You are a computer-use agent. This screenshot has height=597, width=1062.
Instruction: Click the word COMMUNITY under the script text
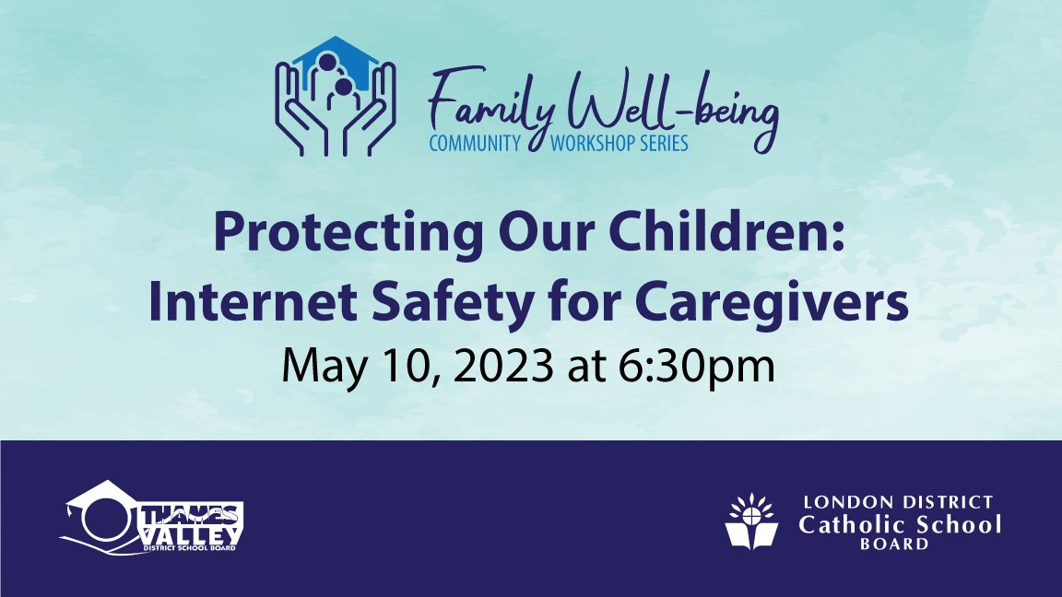[476, 144]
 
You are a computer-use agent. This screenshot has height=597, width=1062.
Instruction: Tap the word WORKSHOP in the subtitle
[589, 144]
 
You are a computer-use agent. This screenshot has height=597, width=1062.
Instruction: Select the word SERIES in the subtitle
[662, 144]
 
